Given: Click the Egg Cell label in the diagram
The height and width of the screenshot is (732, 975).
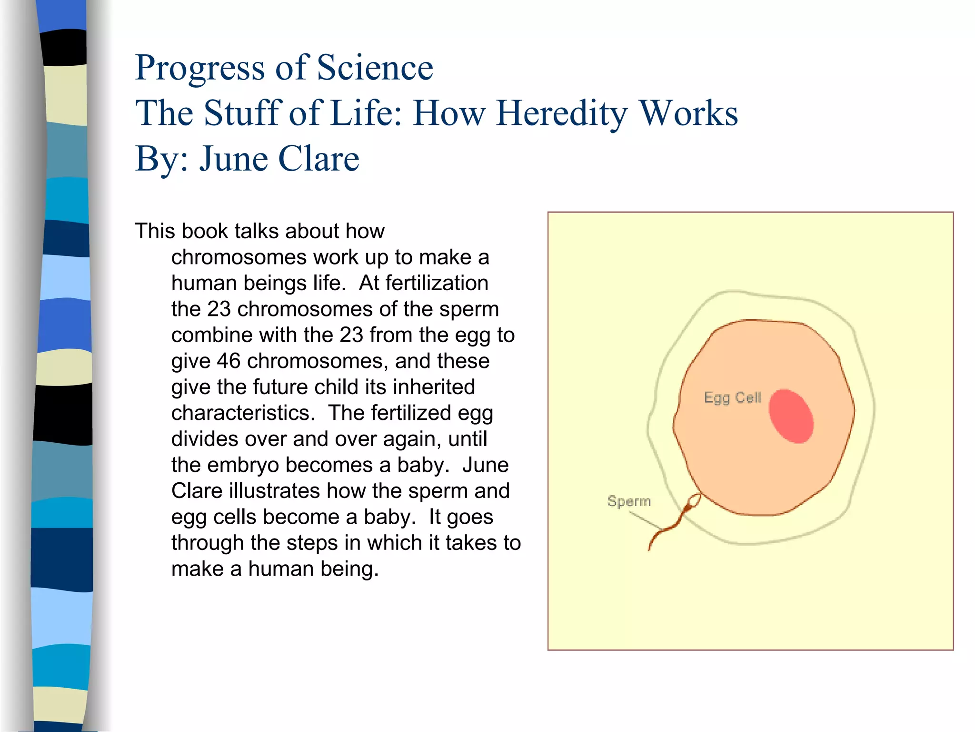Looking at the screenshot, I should [732, 397].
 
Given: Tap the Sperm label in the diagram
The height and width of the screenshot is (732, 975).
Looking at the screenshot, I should [628, 501].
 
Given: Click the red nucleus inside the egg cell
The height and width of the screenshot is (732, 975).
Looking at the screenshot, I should [791, 416].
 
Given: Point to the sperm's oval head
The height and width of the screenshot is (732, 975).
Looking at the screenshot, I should [695, 501].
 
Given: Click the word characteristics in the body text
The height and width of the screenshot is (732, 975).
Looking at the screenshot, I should [243, 413].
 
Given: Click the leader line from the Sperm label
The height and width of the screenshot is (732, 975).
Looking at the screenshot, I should [645, 520].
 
